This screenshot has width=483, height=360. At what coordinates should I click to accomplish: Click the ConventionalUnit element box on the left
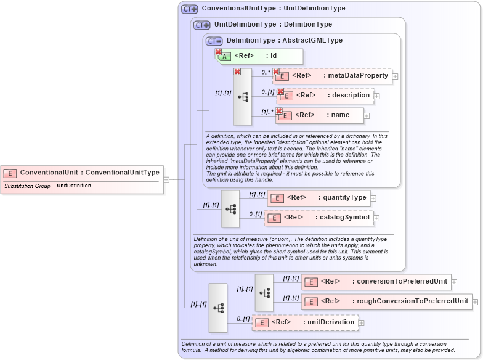pos(83,173)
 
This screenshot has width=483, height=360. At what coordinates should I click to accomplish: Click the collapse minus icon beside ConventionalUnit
pos(166,179)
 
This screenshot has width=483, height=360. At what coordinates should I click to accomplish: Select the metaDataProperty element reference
pos(333,76)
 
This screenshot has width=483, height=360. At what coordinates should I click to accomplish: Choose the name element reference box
pos(320,115)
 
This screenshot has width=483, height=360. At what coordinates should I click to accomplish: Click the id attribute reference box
pos(259,57)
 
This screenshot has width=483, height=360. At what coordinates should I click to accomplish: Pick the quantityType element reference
pos(319,198)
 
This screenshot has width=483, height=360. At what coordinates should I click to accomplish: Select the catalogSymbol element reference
pos(319,218)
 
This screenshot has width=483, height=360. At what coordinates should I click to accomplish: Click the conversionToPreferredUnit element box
pos(376,282)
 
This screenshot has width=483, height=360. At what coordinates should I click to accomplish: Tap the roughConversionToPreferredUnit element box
pos(386,301)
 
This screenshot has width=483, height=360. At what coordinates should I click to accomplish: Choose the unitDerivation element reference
pos(305,322)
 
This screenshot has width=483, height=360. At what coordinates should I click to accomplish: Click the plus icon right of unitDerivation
pos(362,322)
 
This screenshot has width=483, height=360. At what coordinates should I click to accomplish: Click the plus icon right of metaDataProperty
pos(395,76)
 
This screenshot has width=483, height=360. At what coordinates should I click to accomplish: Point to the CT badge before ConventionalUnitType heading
pos(190,9)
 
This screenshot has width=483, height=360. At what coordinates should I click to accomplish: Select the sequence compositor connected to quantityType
pos(230,208)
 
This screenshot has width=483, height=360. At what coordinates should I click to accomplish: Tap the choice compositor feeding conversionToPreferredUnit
pos(264,292)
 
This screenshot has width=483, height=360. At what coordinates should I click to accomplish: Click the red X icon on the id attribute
pos(218,52)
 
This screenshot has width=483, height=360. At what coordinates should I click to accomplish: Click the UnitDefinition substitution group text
pos(74,186)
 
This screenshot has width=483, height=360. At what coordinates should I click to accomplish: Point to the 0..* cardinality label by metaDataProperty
pos(266,72)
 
